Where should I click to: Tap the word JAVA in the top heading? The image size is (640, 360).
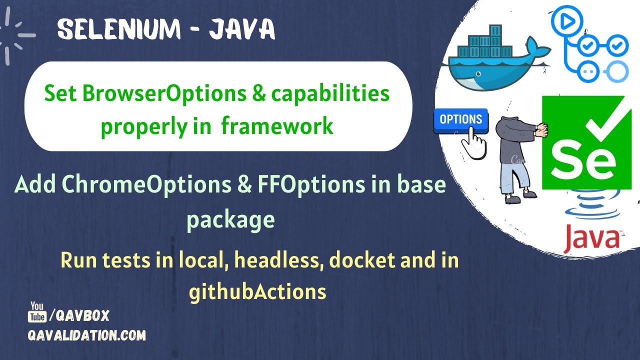(242, 30)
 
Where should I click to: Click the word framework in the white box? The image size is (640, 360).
(277, 125)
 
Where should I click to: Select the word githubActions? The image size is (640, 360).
(257, 291)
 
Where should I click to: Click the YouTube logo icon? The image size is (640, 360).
(37, 312)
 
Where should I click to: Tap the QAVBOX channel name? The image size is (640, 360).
(82, 315)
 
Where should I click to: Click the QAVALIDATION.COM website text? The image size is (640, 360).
(86, 335)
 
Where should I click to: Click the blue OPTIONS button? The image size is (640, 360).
(460, 119)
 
